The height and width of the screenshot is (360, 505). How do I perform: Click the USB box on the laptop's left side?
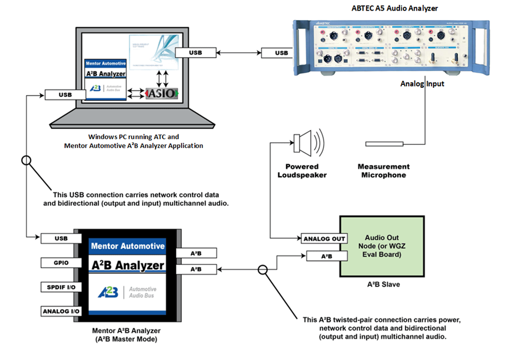[66, 95]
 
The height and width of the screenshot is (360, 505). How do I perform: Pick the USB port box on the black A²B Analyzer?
[61, 238]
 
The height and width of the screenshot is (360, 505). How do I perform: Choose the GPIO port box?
[61, 262]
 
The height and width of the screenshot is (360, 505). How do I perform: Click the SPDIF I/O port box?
[61, 287]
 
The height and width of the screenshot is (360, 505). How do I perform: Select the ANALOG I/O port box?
[61, 311]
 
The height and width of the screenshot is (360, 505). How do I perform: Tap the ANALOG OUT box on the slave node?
[324, 239]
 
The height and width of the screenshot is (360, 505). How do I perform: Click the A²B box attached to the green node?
[324, 256]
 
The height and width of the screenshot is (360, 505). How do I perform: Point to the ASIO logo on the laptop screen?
[162, 94]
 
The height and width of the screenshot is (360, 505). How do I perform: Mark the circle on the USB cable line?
[26, 161]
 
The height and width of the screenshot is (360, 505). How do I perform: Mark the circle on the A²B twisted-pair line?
[263, 269]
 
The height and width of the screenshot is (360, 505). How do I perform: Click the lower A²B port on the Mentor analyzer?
[196, 269]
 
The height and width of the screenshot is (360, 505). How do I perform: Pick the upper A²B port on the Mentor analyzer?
[196, 253]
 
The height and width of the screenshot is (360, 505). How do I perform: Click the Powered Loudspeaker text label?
[302, 171]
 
